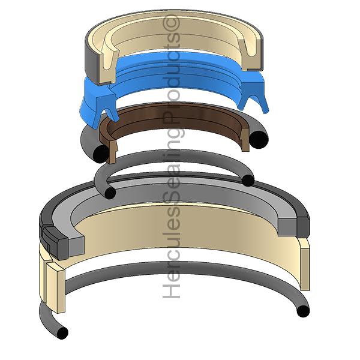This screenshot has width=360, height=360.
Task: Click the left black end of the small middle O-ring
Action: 110,193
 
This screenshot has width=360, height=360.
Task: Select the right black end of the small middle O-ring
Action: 248,181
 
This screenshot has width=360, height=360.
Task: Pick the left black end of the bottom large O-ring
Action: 62,332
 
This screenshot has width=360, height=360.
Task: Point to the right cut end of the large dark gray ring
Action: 294,226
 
